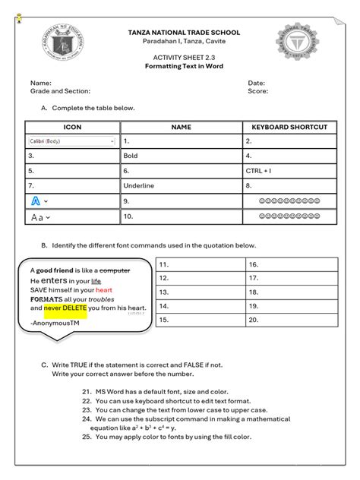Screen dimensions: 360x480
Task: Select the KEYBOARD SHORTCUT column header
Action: [x=289, y=127]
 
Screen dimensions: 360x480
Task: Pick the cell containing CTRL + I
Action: [x=289, y=171]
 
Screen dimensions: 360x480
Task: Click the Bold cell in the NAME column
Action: [x=181, y=156]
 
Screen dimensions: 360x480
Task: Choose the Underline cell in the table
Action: [x=181, y=185]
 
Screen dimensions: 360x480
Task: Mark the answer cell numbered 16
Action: [x=290, y=264]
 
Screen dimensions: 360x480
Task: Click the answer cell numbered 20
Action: [x=290, y=320]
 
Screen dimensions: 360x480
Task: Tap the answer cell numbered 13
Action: [x=200, y=292]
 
